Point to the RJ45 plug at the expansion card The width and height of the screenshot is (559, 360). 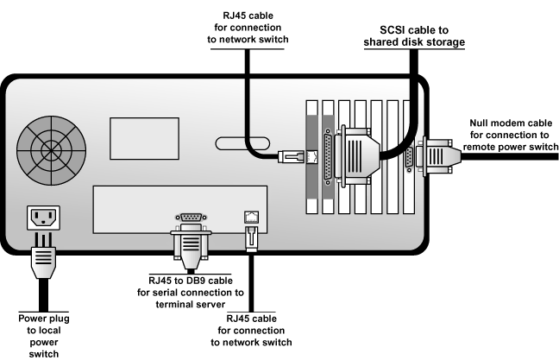tap(290, 156)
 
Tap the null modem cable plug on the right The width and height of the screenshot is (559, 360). tap(440, 158)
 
